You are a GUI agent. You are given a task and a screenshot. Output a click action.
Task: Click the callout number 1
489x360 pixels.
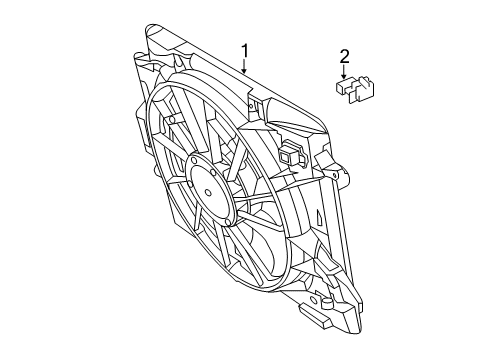(x=245, y=51)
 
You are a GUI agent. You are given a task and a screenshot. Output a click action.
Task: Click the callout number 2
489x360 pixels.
(x=344, y=57)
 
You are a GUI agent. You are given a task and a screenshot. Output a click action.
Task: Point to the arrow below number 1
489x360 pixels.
(x=244, y=66)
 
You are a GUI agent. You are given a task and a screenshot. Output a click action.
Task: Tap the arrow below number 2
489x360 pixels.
(x=343, y=72)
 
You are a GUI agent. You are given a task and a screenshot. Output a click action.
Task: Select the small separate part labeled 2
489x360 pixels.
(x=355, y=89)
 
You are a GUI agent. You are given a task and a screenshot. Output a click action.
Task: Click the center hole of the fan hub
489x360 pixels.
(x=208, y=192)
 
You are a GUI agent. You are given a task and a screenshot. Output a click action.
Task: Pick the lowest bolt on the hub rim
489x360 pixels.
(x=227, y=222)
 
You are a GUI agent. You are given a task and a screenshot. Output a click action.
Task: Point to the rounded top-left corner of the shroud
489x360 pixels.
(x=151, y=29)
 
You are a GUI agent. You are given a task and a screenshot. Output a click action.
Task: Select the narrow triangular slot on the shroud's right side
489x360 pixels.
(x=319, y=217)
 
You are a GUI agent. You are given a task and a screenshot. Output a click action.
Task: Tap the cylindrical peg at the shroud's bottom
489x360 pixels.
(x=327, y=302)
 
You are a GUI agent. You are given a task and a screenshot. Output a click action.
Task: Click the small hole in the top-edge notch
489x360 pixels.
(x=251, y=106)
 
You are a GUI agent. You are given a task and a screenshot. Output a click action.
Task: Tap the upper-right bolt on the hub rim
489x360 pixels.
(x=212, y=172)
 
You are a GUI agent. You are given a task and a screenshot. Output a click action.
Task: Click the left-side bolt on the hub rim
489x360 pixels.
(x=190, y=184)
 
